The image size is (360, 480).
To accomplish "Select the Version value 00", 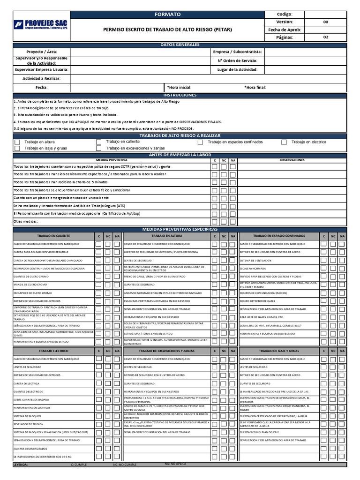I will coord(326,22).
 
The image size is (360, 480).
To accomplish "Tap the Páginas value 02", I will coord(326,37).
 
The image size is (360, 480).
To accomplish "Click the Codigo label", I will coord(285,15).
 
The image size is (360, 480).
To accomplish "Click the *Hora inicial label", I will coord(179,87).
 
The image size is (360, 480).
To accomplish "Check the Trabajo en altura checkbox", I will coord(17,142).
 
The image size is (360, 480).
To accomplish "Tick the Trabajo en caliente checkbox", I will coord(98,142).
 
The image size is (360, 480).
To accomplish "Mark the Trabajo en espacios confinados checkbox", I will coord(201,142).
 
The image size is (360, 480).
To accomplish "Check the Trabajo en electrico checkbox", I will coord(284,142).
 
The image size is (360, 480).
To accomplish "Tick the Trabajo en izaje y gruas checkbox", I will coord(17,148).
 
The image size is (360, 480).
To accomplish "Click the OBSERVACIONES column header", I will coord(292,160).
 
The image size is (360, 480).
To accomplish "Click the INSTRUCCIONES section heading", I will coord(180,95).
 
